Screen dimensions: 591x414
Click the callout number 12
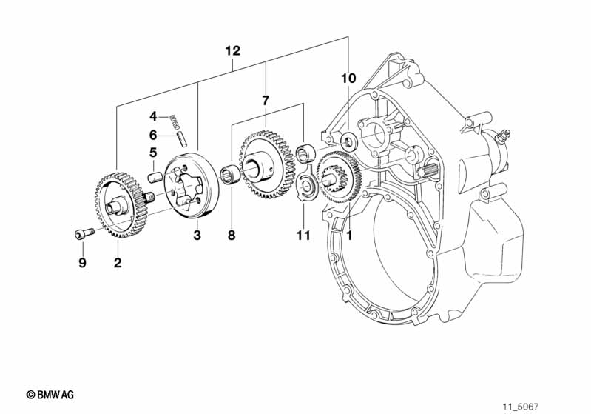232,50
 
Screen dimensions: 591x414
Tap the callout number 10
348,79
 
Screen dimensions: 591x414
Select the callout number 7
266,101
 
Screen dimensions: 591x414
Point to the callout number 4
153,116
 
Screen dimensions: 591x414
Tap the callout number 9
83,262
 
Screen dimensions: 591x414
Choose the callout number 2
118,262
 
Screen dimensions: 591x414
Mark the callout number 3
197,235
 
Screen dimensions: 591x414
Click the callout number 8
232,235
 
